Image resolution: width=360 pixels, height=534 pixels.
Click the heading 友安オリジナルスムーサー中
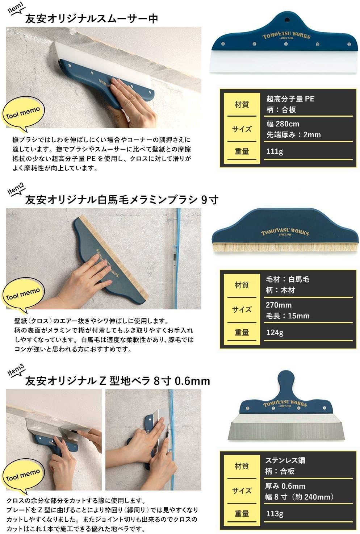point(92,19)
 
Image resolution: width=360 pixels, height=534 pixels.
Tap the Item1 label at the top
point(16,8)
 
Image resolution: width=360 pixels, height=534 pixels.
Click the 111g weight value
point(275,151)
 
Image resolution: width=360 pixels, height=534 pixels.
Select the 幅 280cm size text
point(283,124)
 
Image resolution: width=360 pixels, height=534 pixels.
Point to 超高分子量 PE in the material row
point(290,99)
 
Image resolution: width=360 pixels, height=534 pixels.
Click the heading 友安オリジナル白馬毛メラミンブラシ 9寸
point(122,200)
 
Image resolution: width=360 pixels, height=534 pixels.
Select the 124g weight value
point(275,333)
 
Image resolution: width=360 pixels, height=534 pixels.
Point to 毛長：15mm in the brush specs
point(288,316)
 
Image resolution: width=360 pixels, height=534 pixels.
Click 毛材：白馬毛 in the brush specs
point(288,279)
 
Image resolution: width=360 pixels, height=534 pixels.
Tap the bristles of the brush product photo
point(285,247)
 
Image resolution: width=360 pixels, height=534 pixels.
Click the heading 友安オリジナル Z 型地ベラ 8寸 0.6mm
point(118,381)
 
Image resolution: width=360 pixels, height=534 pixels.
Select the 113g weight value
point(275,514)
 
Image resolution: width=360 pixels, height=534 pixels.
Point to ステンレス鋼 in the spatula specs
point(285,460)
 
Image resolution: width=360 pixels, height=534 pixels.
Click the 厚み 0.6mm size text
point(285,486)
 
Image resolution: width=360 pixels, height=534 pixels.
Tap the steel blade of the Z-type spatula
point(286,427)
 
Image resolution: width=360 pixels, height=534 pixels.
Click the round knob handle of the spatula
point(286,381)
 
